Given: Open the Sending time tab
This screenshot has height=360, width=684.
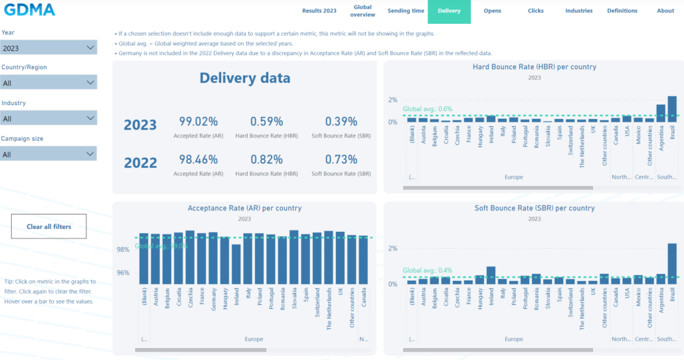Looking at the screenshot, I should (x=406, y=11).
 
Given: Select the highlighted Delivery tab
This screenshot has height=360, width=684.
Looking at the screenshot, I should (x=449, y=11).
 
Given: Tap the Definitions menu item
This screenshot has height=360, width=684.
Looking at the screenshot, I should (x=622, y=11).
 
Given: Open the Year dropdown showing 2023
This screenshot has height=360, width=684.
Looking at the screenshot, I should (x=49, y=48).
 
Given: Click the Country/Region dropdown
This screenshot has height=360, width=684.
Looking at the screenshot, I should (x=49, y=83).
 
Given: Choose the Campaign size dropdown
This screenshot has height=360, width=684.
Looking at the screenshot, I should (x=49, y=154).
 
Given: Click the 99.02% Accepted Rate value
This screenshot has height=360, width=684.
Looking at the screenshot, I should (x=199, y=122).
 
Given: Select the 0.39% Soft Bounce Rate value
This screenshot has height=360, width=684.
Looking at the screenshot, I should (x=341, y=122).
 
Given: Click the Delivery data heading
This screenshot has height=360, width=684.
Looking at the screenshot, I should (x=244, y=78).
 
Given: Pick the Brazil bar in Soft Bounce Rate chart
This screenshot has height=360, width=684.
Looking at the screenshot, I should (x=672, y=264).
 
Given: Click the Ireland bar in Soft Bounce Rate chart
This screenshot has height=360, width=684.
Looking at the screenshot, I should (x=491, y=275).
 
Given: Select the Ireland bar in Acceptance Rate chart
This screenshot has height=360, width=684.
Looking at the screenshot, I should (x=236, y=264).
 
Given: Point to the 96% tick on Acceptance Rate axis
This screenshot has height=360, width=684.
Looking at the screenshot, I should (x=123, y=272).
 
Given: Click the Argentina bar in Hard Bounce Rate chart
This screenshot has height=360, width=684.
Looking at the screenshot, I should (x=661, y=114).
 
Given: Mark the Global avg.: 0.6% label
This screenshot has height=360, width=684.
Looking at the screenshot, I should (x=428, y=109).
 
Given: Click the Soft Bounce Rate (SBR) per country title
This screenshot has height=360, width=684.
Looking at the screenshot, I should (x=534, y=208).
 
